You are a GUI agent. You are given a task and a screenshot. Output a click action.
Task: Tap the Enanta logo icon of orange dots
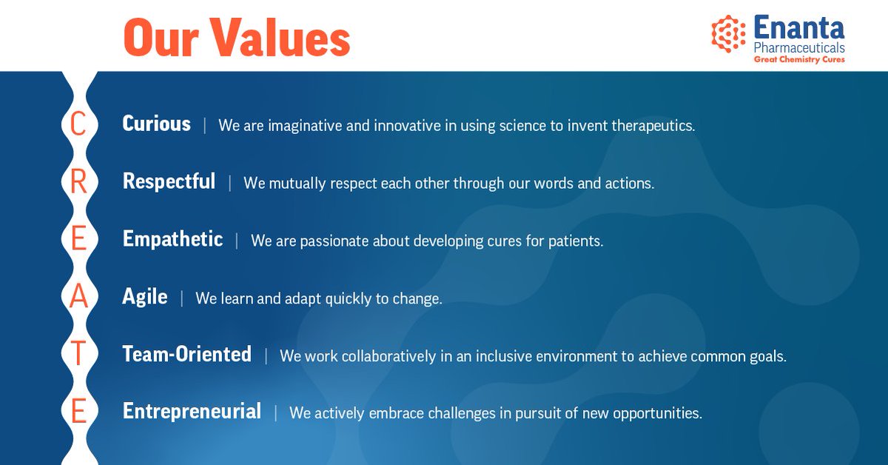click(x=728, y=34)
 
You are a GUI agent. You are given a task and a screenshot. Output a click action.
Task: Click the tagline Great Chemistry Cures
click(x=799, y=59)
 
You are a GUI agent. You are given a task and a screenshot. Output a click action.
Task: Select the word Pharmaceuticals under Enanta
click(x=799, y=48)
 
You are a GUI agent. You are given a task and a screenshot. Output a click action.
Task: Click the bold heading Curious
click(x=157, y=124)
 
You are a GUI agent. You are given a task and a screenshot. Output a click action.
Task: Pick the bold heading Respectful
click(x=169, y=181)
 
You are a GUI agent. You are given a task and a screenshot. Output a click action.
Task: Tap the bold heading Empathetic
click(x=173, y=239)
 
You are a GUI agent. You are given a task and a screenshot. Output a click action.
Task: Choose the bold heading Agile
click(x=145, y=296)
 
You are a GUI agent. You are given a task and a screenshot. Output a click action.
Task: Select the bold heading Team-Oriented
click(x=187, y=354)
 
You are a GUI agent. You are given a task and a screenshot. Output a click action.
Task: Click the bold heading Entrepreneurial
click(x=192, y=411)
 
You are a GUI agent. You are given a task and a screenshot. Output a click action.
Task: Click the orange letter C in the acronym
click(x=78, y=124)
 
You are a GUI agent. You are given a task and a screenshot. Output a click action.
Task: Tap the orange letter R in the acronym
click(x=78, y=181)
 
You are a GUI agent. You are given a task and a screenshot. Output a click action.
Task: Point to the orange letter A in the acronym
click(x=78, y=296)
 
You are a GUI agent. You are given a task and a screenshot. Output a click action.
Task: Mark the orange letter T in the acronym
click(x=78, y=353)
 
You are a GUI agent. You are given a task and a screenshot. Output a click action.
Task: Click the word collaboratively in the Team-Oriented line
click(x=389, y=356)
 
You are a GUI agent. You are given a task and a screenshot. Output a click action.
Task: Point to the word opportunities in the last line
click(x=658, y=414)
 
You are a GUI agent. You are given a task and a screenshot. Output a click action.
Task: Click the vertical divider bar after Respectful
click(x=230, y=184)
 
